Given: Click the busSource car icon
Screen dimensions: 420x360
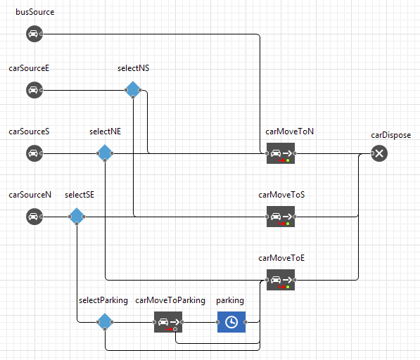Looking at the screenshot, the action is pyautogui.click(x=34, y=34).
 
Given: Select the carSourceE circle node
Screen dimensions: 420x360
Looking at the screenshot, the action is pyautogui.click(x=34, y=90).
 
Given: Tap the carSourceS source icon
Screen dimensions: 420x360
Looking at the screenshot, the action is pyautogui.click(x=34, y=153).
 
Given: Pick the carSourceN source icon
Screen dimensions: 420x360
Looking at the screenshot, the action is pyautogui.click(x=34, y=217).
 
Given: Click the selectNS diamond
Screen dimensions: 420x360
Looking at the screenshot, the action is pyautogui.click(x=133, y=90).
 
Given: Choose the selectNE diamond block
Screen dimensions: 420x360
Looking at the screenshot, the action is pyautogui.click(x=105, y=153).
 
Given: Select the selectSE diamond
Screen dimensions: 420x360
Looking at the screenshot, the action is pyautogui.click(x=77, y=217).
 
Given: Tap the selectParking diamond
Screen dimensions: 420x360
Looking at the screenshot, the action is pyautogui.click(x=105, y=322).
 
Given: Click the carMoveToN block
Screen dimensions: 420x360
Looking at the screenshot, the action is pyautogui.click(x=281, y=153).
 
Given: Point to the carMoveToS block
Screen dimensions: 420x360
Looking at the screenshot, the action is pyautogui.click(x=281, y=217).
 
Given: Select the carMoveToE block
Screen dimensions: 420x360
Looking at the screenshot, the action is pyautogui.click(x=281, y=280).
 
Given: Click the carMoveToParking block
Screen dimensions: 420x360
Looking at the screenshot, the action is pyautogui.click(x=168, y=322).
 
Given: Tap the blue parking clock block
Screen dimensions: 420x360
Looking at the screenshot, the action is pyautogui.click(x=231, y=322).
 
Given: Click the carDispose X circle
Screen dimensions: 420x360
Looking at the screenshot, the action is pyautogui.click(x=379, y=153).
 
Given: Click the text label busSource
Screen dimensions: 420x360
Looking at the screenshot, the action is pyautogui.click(x=34, y=12).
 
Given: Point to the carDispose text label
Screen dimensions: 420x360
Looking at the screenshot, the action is pyautogui.click(x=390, y=135).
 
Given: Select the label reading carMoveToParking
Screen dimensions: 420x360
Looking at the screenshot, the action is pyautogui.click(x=170, y=300).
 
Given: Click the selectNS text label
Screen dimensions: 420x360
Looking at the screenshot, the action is pyautogui.click(x=134, y=68).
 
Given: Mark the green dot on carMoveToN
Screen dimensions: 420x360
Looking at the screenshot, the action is pyautogui.click(x=288, y=160).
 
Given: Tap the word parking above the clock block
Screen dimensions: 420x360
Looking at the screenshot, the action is pyautogui.click(x=230, y=301).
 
